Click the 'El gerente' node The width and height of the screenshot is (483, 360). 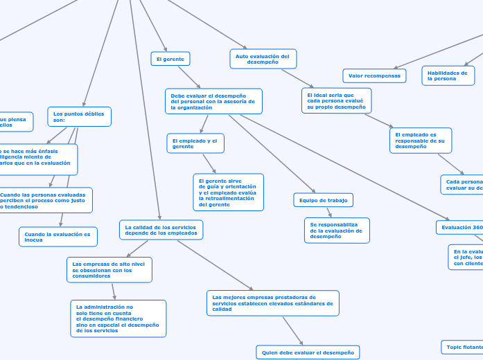coord(170,59)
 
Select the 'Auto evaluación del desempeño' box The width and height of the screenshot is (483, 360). coord(263,59)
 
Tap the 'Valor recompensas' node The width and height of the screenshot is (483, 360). coord(374,75)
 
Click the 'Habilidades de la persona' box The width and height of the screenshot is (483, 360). coord(448,75)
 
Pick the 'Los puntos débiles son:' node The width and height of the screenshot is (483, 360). coord(79,116)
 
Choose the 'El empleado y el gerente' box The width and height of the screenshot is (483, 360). coord(195,143)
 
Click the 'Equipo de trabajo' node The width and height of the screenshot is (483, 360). coord(323,200)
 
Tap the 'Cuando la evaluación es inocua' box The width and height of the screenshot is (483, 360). coord(58,237)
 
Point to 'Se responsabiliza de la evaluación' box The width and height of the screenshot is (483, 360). coord(337,231)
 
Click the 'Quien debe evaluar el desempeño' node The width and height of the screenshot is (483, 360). coord(308,352)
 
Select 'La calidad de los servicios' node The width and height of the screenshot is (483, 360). coord(161,230)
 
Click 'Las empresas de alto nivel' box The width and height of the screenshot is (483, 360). coord(109,270)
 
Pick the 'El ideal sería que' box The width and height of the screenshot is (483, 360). coord(336,100)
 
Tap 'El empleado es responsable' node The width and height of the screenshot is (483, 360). coord(420,141)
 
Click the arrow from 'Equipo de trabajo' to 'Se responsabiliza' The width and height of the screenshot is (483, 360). coord(329,213)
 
